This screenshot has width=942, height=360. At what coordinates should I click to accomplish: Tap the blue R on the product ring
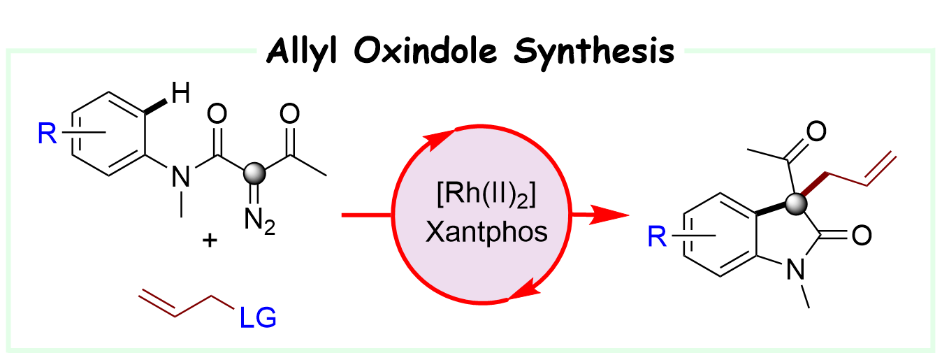[655, 239]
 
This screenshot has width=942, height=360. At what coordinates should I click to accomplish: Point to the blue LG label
[258, 318]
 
